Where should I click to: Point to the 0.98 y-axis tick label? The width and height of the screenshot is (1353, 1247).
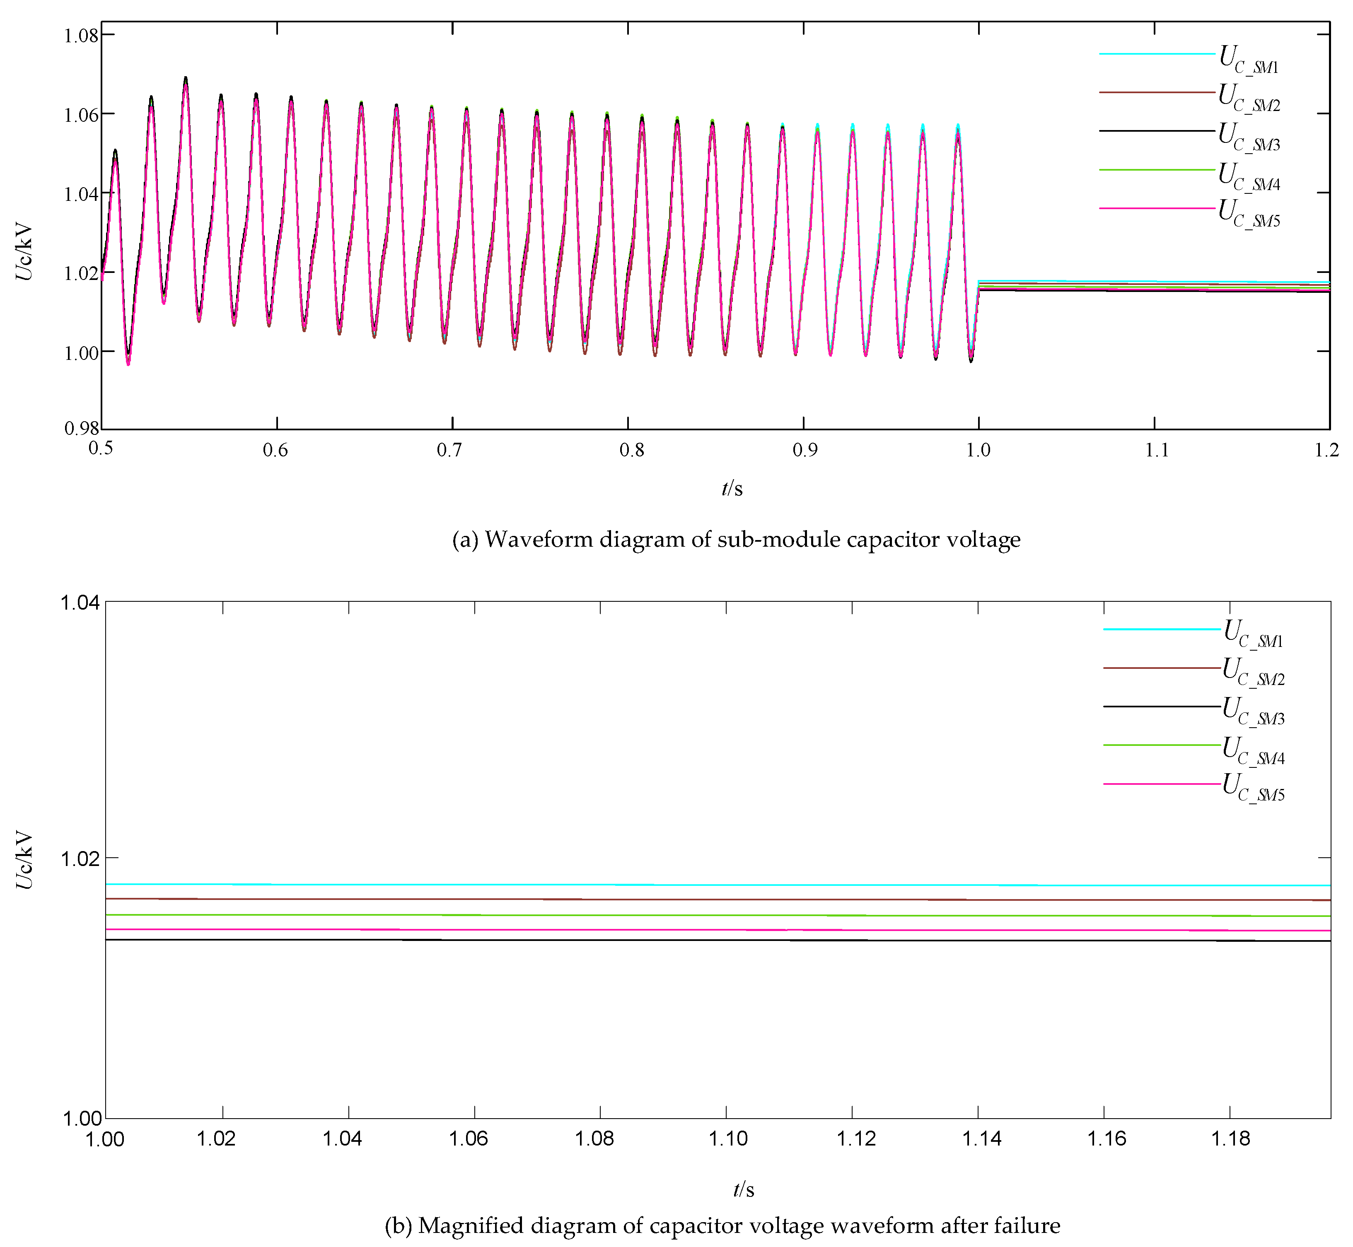tap(81, 429)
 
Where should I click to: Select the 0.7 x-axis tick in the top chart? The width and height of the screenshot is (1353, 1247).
tap(449, 450)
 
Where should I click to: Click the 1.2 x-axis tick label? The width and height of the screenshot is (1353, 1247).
tap(1326, 450)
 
